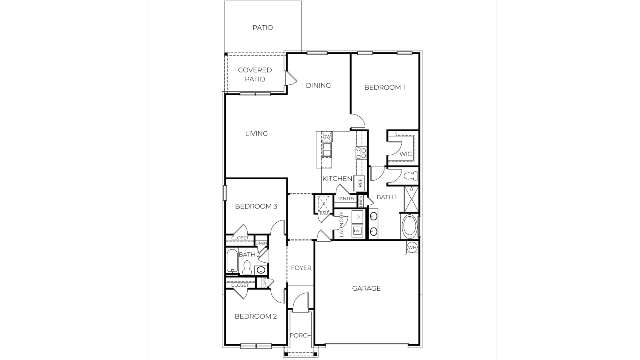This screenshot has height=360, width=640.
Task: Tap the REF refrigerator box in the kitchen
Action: click(360, 183)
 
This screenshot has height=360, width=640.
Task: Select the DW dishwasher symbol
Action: click(327, 137)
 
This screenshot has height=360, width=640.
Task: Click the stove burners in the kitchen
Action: click(361, 153)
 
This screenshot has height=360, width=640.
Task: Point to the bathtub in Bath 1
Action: click(409, 227)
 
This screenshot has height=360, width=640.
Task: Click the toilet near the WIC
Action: click(411, 176)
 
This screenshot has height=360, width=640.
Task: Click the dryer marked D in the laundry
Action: click(358, 217)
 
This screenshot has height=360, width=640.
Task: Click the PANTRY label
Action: click(345, 199)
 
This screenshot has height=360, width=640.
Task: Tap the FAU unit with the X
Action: click(323, 204)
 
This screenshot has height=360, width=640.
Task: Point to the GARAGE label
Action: click(366, 288)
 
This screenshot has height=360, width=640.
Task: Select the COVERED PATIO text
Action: click(255, 74)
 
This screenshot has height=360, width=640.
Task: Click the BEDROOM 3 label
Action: click(256, 206)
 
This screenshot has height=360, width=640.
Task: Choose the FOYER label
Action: click(301, 268)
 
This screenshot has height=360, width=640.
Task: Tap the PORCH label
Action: click(300, 335)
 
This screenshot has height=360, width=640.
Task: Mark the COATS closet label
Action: click(264, 282)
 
